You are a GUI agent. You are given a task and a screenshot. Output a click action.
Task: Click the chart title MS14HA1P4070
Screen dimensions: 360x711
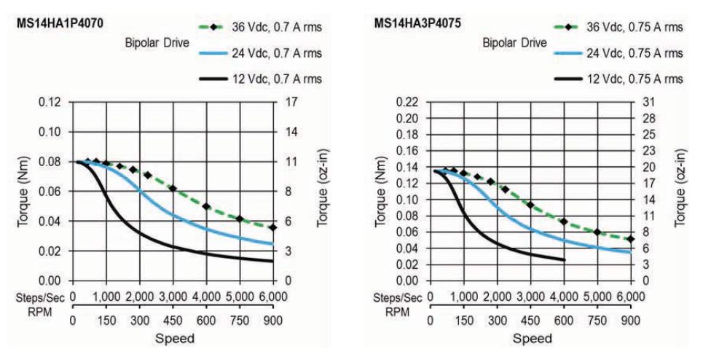pos(59,23)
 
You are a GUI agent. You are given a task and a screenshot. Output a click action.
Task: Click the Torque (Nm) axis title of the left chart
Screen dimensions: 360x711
pos(23,191)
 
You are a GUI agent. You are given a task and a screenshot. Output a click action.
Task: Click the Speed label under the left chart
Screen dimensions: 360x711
pos(173,338)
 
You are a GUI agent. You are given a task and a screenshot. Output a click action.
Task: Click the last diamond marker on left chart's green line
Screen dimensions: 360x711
pos(272,227)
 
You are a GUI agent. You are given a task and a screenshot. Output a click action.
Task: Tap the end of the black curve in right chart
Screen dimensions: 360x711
pos(564,260)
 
